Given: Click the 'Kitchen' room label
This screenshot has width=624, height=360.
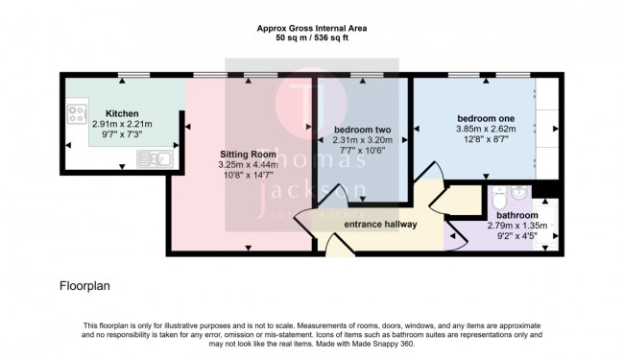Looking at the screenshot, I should (123, 113).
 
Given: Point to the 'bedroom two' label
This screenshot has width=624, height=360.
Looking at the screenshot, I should (361, 129).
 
